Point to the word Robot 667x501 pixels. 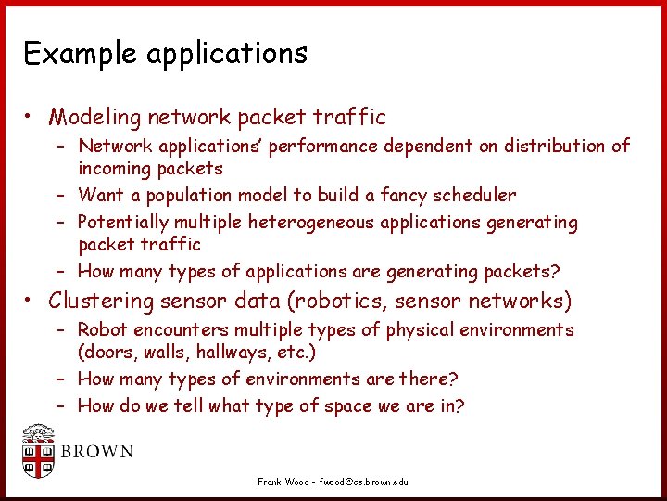tap(103, 330)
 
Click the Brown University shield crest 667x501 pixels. tap(39, 452)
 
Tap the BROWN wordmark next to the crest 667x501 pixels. tap(96, 453)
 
